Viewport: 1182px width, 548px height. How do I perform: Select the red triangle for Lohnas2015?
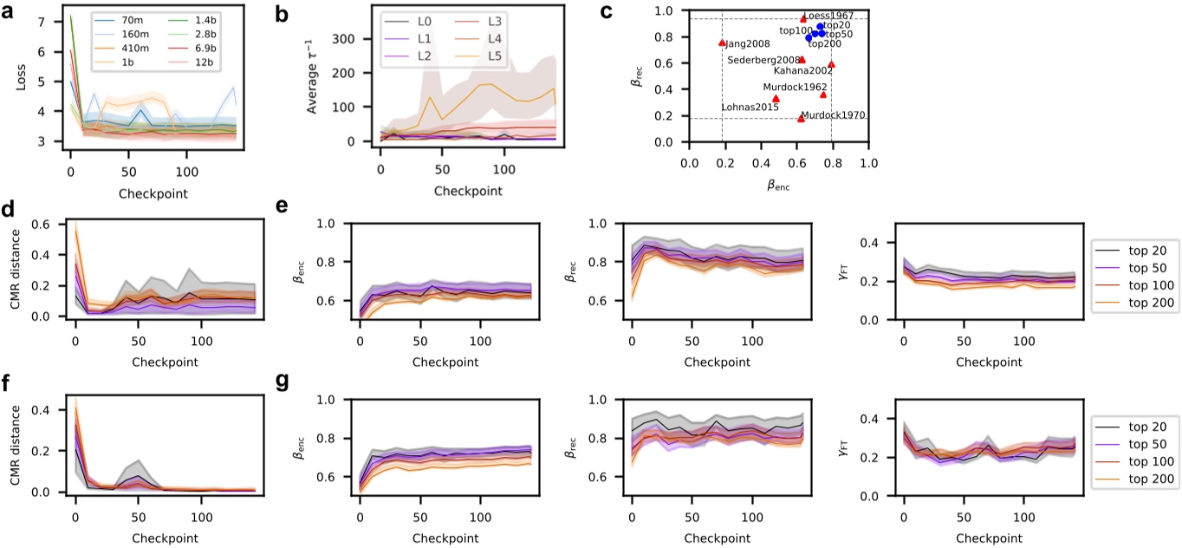coord(776,98)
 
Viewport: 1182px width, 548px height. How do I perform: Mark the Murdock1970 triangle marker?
coord(801,118)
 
